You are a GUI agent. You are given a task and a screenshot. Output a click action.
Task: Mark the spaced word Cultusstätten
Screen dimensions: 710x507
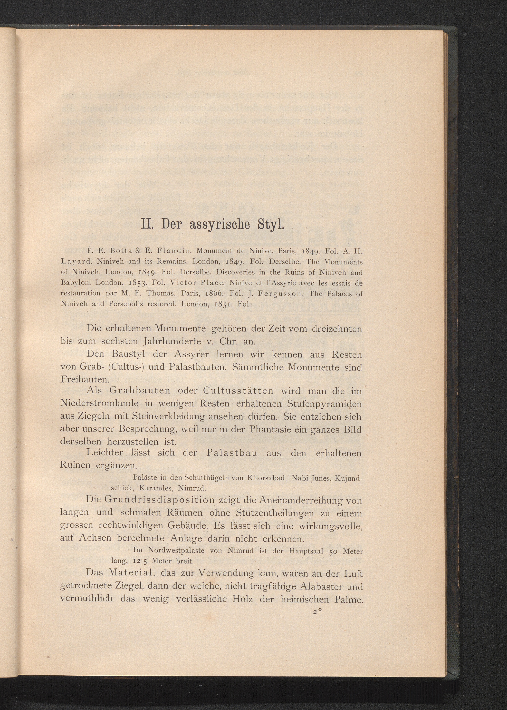coord(238,391)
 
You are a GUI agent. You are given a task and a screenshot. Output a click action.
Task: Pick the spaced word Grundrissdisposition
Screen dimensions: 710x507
coord(159,500)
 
